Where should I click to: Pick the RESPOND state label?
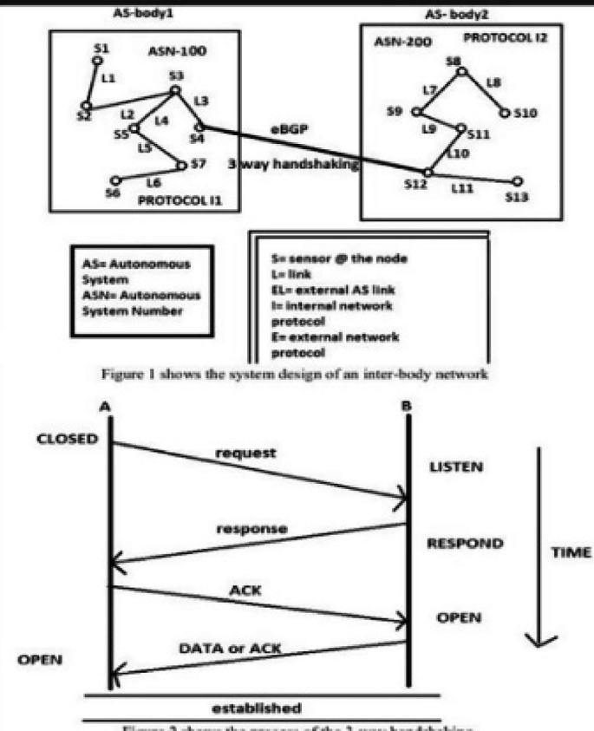pos(466,545)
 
